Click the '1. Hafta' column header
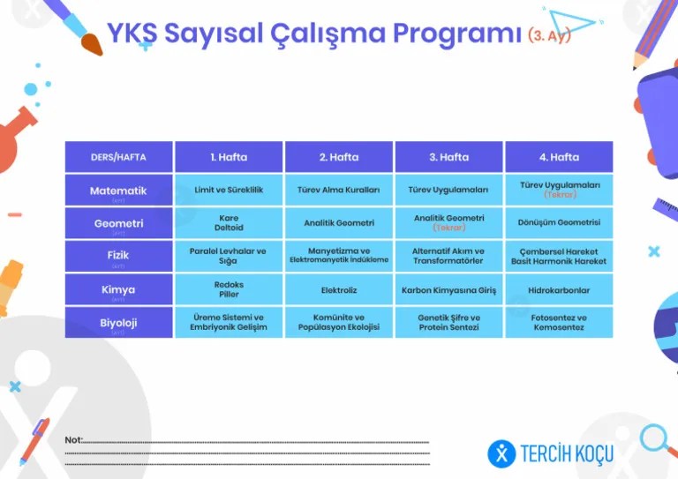pyautogui.click(x=229, y=157)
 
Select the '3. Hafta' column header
pyautogui.click(x=448, y=157)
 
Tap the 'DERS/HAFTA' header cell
pyautogui.click(x=118, y=157)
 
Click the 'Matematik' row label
pyautogui.click(x=118, y=191)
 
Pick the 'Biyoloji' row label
pyautogui.click(x=118, y=323)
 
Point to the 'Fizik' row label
pyautogui.click(x=118, y=256)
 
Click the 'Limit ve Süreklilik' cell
pyautogui.click(x=229, y=190)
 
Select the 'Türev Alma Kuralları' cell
pyautogui.click(x=339, y=190)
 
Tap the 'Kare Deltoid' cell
pyautogui.click(x=229, y=222)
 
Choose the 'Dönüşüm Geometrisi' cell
pyautogui.click(x=559, y=222)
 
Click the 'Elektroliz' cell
pyautogui.click(x=339, y=289)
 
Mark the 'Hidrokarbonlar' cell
pyautogui.click(x=559, y=289)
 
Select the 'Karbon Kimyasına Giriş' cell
pyautogui.click(x=448, y=289)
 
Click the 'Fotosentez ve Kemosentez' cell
pyautogui.click(x=559, y=322)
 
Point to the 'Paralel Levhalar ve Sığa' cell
pyautogui.click(x=229, y=256)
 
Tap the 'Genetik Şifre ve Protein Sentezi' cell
pyautogui.click(x=448, y=322)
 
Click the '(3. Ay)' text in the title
pyautogui.click(x=549, y=35)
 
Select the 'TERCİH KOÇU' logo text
pyautogui.click(x=566, y=454)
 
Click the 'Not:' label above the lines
pyautogui.click(x=73, y=439)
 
